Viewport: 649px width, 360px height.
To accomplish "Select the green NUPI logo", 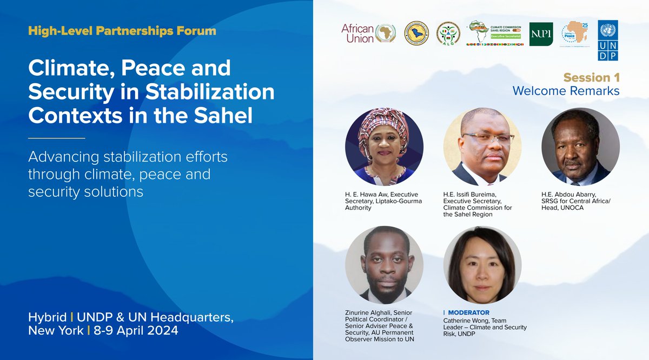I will click(x=541, y=34).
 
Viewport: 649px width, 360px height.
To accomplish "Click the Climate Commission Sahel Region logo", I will click(x=495, y=33).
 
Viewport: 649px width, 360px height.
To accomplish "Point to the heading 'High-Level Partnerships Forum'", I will click(x=122, y=31).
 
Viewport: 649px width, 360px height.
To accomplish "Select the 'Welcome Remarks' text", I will click(x=566, y=91).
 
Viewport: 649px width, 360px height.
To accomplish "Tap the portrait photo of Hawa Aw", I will click(x=384, y=146).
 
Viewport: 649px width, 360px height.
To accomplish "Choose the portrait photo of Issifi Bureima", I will click(x=482, y=146).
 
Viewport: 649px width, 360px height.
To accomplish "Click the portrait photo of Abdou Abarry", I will click(x=580, y=146).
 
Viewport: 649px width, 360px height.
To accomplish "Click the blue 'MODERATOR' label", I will click(x=468, y=313).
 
